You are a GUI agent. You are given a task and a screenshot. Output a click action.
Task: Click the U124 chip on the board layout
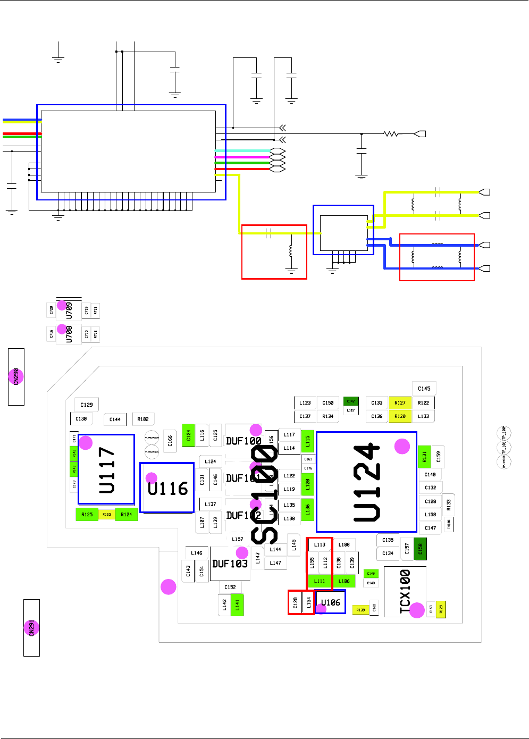point(366,482)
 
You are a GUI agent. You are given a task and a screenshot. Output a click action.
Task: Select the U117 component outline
point(106,469)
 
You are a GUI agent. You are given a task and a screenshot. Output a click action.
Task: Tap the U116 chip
point(167,488)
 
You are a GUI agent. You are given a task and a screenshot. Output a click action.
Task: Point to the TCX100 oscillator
point(405,591)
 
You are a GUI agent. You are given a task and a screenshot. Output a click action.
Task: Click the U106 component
point(330,602)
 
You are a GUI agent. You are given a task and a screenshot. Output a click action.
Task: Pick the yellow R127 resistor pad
point(400,403)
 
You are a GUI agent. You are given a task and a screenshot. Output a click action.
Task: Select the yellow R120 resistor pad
point(400,416)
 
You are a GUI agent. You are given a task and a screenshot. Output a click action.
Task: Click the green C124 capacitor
point(188,435)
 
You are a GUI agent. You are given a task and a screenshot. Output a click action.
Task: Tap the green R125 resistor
point(87,514)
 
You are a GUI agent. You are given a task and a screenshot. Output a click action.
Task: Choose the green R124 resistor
point(126,514)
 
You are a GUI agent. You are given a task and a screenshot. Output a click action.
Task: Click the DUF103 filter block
point(230,564)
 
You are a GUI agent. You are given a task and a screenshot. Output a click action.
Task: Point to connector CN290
point(16,376)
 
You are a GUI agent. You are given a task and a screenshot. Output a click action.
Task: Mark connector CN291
point(31,627)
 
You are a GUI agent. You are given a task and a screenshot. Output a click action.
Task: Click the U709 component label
point(69,310)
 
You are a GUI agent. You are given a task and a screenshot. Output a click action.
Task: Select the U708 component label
point(69,334)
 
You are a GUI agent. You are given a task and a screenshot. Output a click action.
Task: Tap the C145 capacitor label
point(424,389)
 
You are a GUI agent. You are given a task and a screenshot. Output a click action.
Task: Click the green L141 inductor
point(238,604)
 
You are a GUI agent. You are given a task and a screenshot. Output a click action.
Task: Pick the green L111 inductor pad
point(320,581)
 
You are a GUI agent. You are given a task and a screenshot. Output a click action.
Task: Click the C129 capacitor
point(87,405)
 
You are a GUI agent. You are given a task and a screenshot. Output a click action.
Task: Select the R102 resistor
point(143,419)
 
